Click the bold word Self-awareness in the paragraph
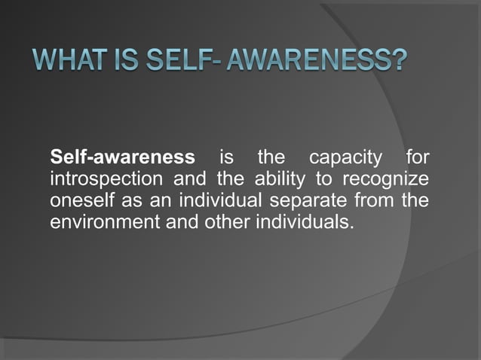point(121,159)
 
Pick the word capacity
point(344,159)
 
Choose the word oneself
point(79,202)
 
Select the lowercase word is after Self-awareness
point(225,159)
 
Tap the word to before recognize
point(326,181)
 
